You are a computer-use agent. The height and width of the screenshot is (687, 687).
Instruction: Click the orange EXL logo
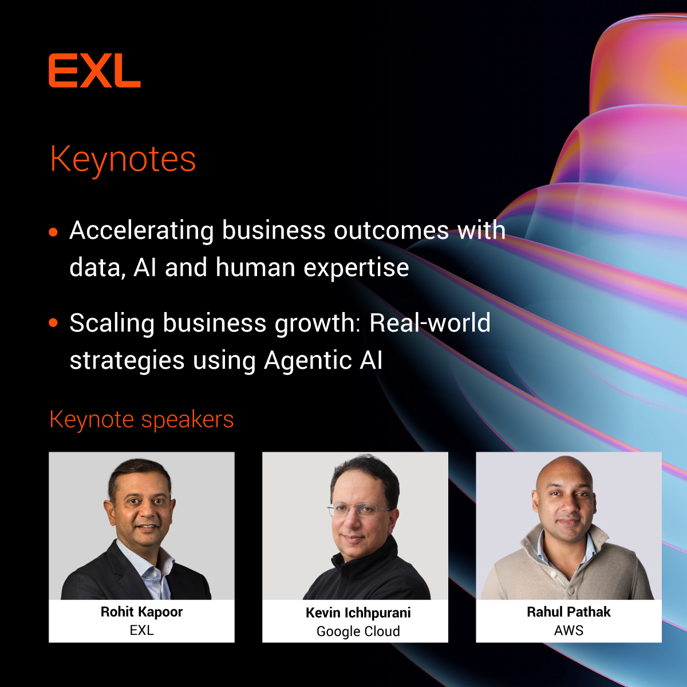point(94,71)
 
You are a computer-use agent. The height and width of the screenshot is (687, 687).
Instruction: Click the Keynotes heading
point(123,159)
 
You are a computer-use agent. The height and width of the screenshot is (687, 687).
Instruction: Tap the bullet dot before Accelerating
point(54,232)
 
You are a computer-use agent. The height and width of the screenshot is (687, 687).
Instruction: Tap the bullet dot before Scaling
point(54,323)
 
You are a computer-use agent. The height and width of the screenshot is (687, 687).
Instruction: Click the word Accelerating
point(141,231)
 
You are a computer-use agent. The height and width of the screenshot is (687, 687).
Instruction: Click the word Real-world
point(430,323)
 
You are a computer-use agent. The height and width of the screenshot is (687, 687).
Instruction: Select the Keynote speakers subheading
point(141,420)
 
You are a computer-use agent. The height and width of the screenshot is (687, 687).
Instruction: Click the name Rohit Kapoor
point(141,612)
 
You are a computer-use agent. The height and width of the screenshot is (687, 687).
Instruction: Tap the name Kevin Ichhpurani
point(358,613)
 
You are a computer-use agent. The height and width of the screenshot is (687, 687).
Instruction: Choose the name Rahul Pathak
point(568,612)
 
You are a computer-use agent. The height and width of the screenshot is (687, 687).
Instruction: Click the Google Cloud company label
point(358,631)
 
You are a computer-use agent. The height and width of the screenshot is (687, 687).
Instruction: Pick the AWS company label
point(568,630)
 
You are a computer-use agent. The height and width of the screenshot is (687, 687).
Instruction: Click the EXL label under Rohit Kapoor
point(141,630)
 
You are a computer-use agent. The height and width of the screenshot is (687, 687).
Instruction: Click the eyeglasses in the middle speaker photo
point(360,510)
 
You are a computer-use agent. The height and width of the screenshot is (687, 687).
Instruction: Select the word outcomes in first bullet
point(391,231)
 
